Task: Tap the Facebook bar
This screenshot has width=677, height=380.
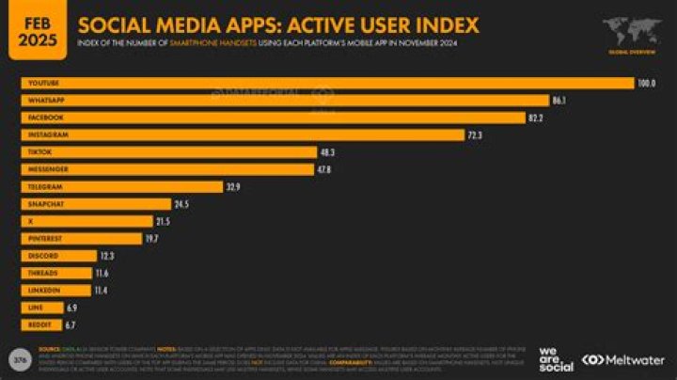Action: click(273, 118)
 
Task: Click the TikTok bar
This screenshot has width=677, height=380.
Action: click(169, 152)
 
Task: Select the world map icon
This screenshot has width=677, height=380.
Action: click(631, 28)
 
